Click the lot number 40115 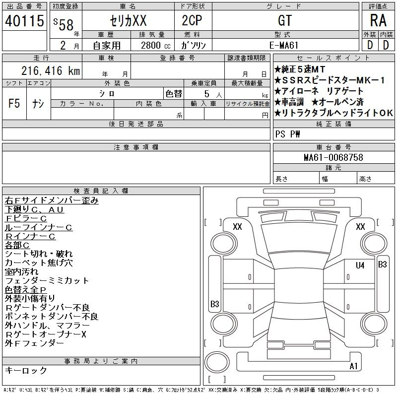24,20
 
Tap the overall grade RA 378,20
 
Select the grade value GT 285,20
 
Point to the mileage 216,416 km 51,70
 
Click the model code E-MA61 284,45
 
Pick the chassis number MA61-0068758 333,157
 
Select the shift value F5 14,103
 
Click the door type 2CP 192,20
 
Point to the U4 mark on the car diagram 360,265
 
